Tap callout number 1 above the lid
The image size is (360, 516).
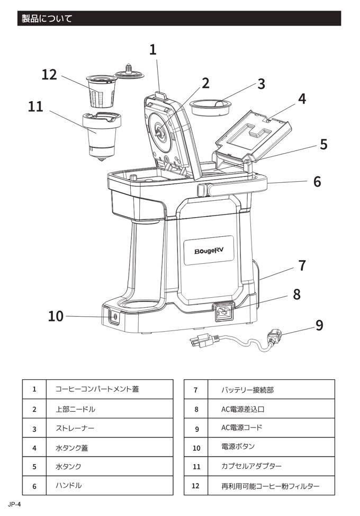point(153,50)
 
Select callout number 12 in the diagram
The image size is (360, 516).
point(49,75)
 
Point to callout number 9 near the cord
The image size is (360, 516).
point(319,324)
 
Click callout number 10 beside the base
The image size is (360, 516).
point(56,316)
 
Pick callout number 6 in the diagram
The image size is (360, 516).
point(317,181)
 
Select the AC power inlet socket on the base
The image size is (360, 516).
point(223,313)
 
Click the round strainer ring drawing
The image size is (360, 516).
point(212,105)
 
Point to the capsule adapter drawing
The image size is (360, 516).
point(102,134)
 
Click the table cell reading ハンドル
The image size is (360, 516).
point(68,485)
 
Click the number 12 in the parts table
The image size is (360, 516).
point(195,485)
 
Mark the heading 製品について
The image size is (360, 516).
point(47,19)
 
